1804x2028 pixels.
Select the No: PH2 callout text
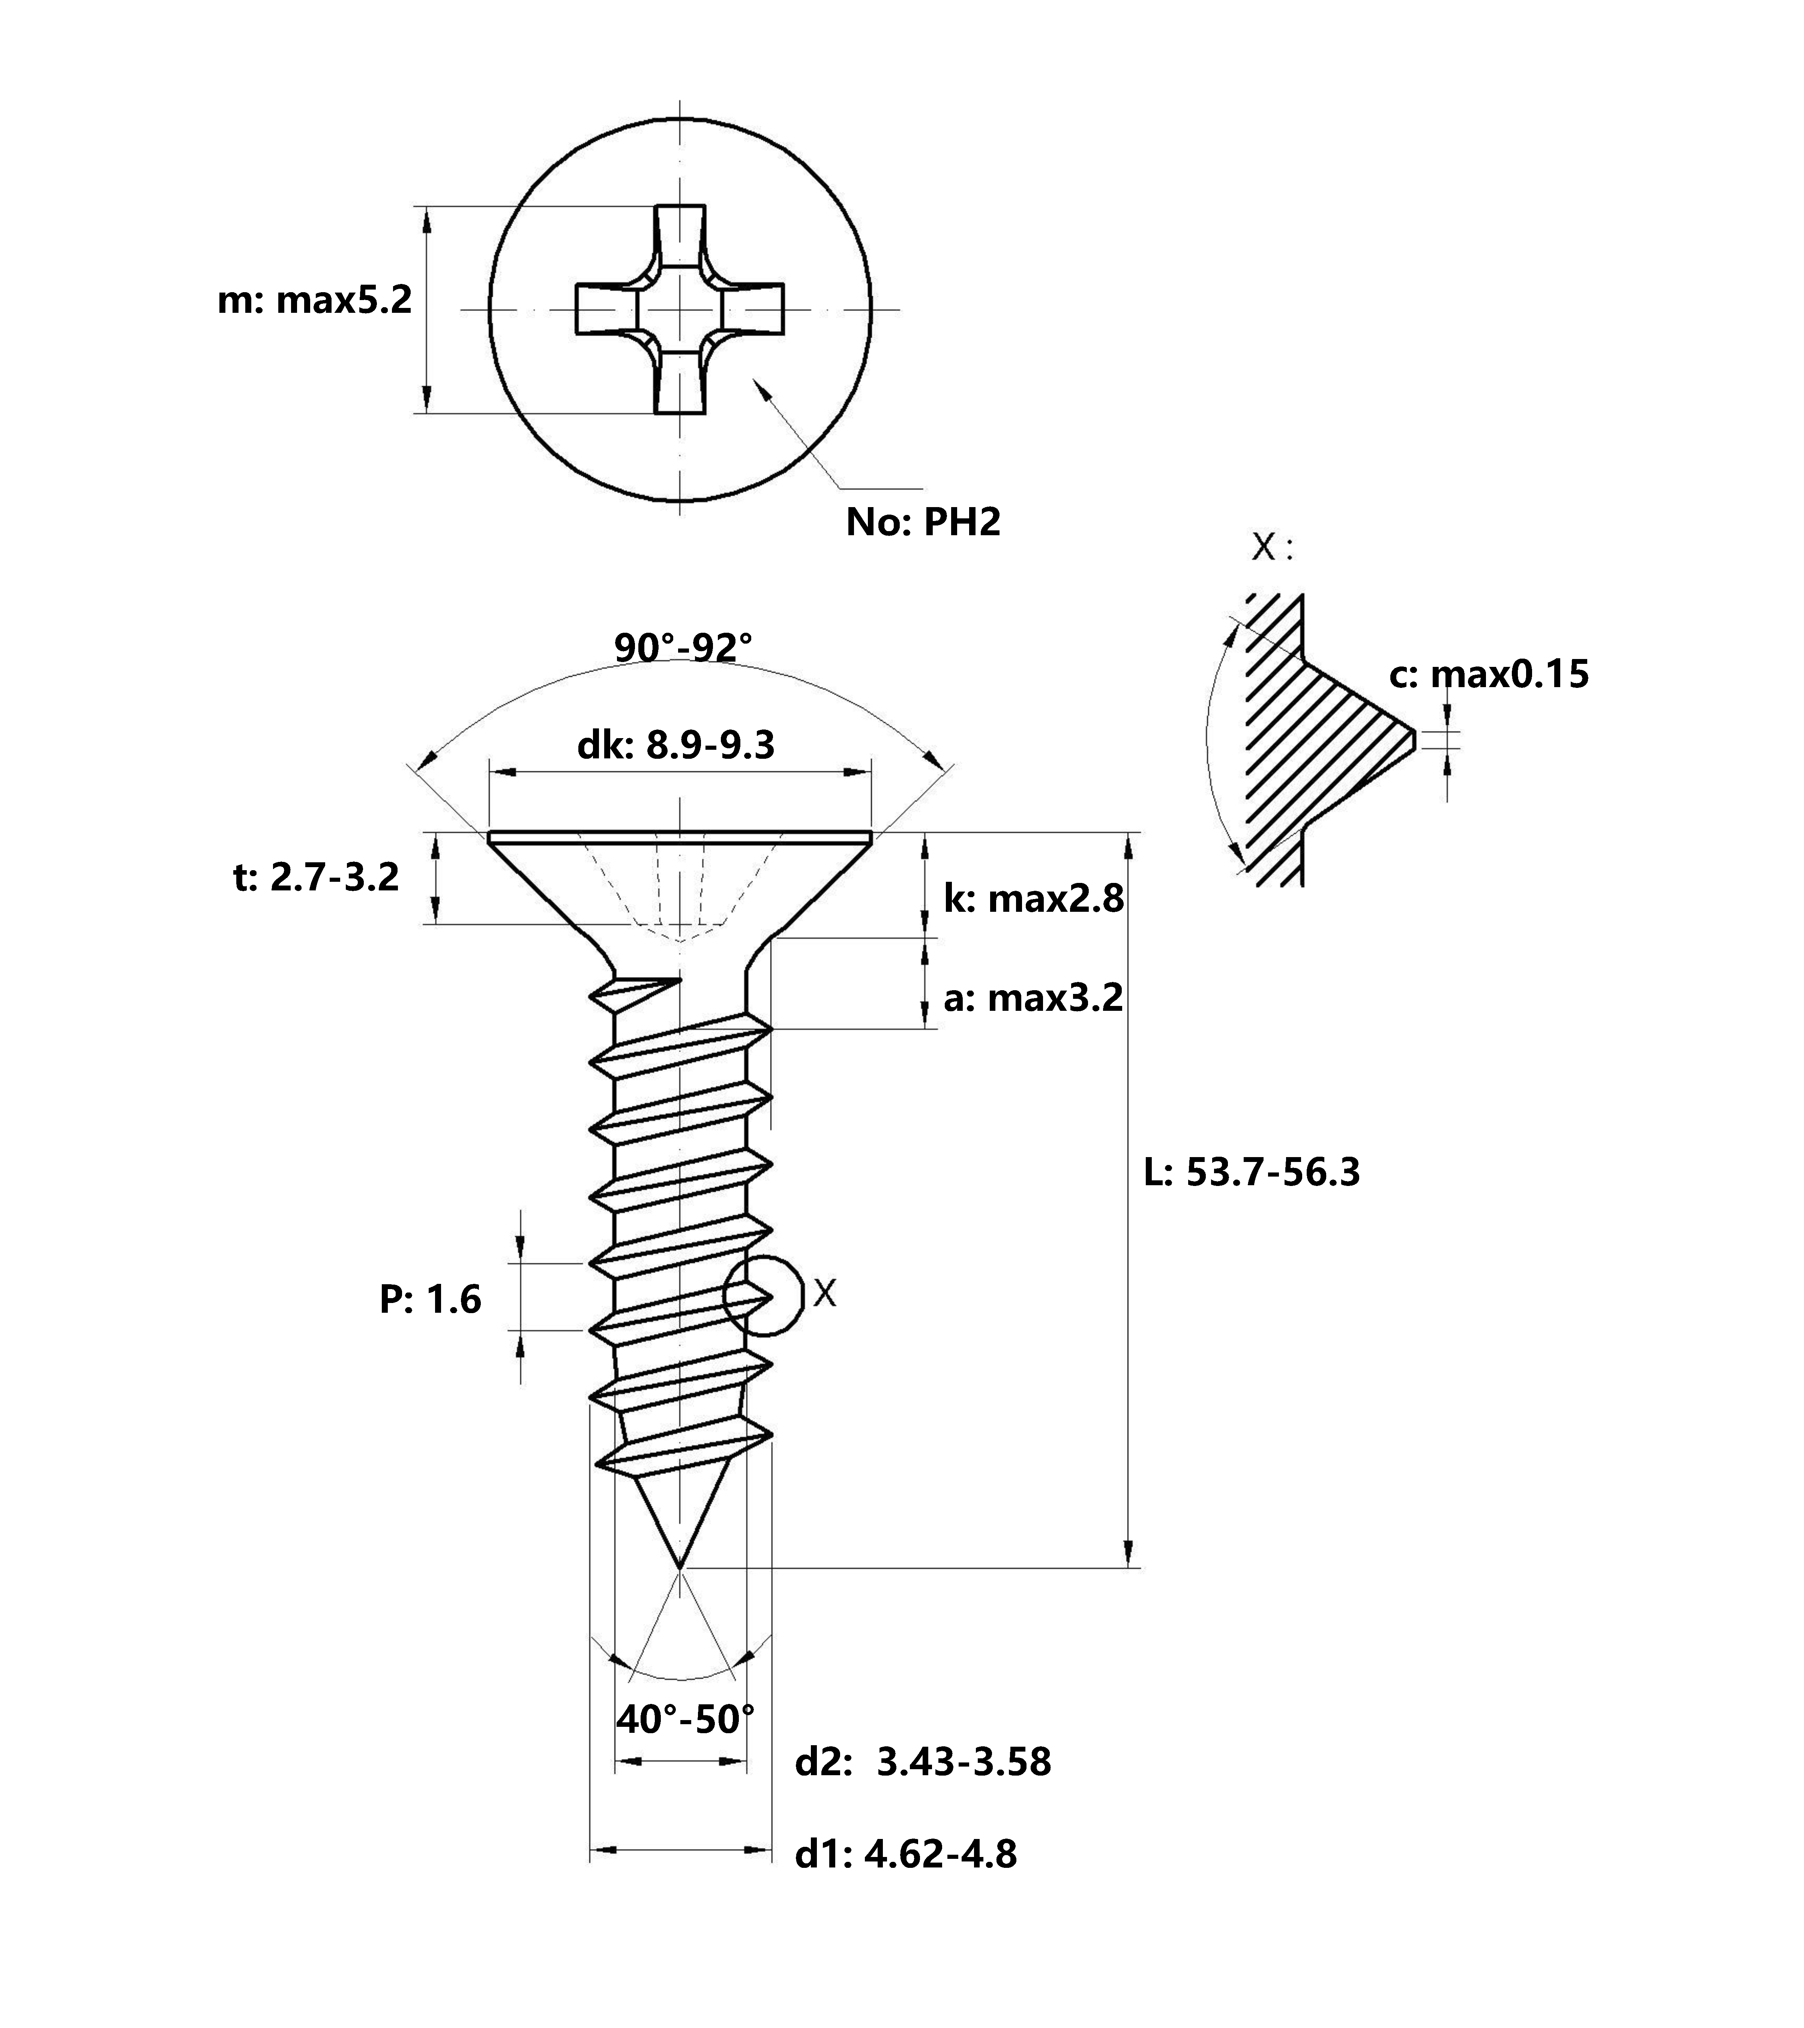(x=923, y=522)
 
